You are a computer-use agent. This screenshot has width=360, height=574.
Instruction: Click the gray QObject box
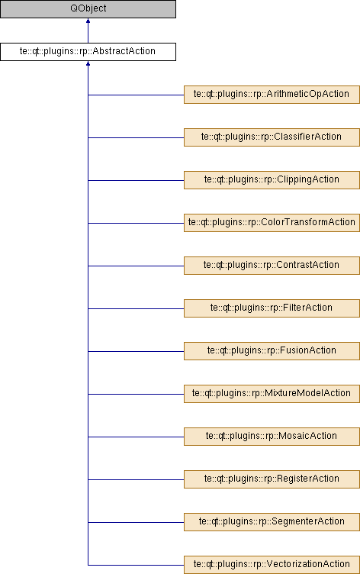tap(88, 9)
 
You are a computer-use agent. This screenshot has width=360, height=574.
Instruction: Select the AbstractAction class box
tap(88, 52)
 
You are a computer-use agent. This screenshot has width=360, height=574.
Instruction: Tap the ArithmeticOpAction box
tap(272, 95)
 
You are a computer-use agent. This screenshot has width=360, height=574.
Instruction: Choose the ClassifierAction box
tap(272, 137)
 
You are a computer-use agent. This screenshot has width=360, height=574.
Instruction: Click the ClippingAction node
tap(272, 180)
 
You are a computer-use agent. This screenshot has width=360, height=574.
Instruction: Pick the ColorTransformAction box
tap(272, 223)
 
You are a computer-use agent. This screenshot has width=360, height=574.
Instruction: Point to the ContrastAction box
tap(272, 266)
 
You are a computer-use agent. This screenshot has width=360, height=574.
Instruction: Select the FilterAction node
tap(272, 308)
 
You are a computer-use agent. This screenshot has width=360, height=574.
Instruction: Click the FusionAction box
tap(272, 351)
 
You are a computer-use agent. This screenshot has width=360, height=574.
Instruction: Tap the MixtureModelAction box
tap(272, 394)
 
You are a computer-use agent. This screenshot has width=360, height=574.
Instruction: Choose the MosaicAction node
tap(272, 437)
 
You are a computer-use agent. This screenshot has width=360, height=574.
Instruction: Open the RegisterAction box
tap(272, 479)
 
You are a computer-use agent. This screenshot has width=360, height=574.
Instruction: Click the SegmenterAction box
tap(272, 522)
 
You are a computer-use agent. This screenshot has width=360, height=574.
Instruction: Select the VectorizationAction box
tap(272, 565)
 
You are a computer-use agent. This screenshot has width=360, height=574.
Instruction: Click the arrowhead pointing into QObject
tap(88, 21)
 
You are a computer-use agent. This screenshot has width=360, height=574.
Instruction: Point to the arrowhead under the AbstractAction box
tap(88, 63)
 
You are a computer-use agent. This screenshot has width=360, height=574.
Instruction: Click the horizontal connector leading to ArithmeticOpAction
tap(136, 95)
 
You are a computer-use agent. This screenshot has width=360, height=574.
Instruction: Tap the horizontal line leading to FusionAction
tap(136, 351)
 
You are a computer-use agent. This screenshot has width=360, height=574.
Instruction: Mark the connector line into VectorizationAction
tap(136, 565)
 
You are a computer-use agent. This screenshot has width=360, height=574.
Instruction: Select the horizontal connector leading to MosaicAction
tap(136, 437)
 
